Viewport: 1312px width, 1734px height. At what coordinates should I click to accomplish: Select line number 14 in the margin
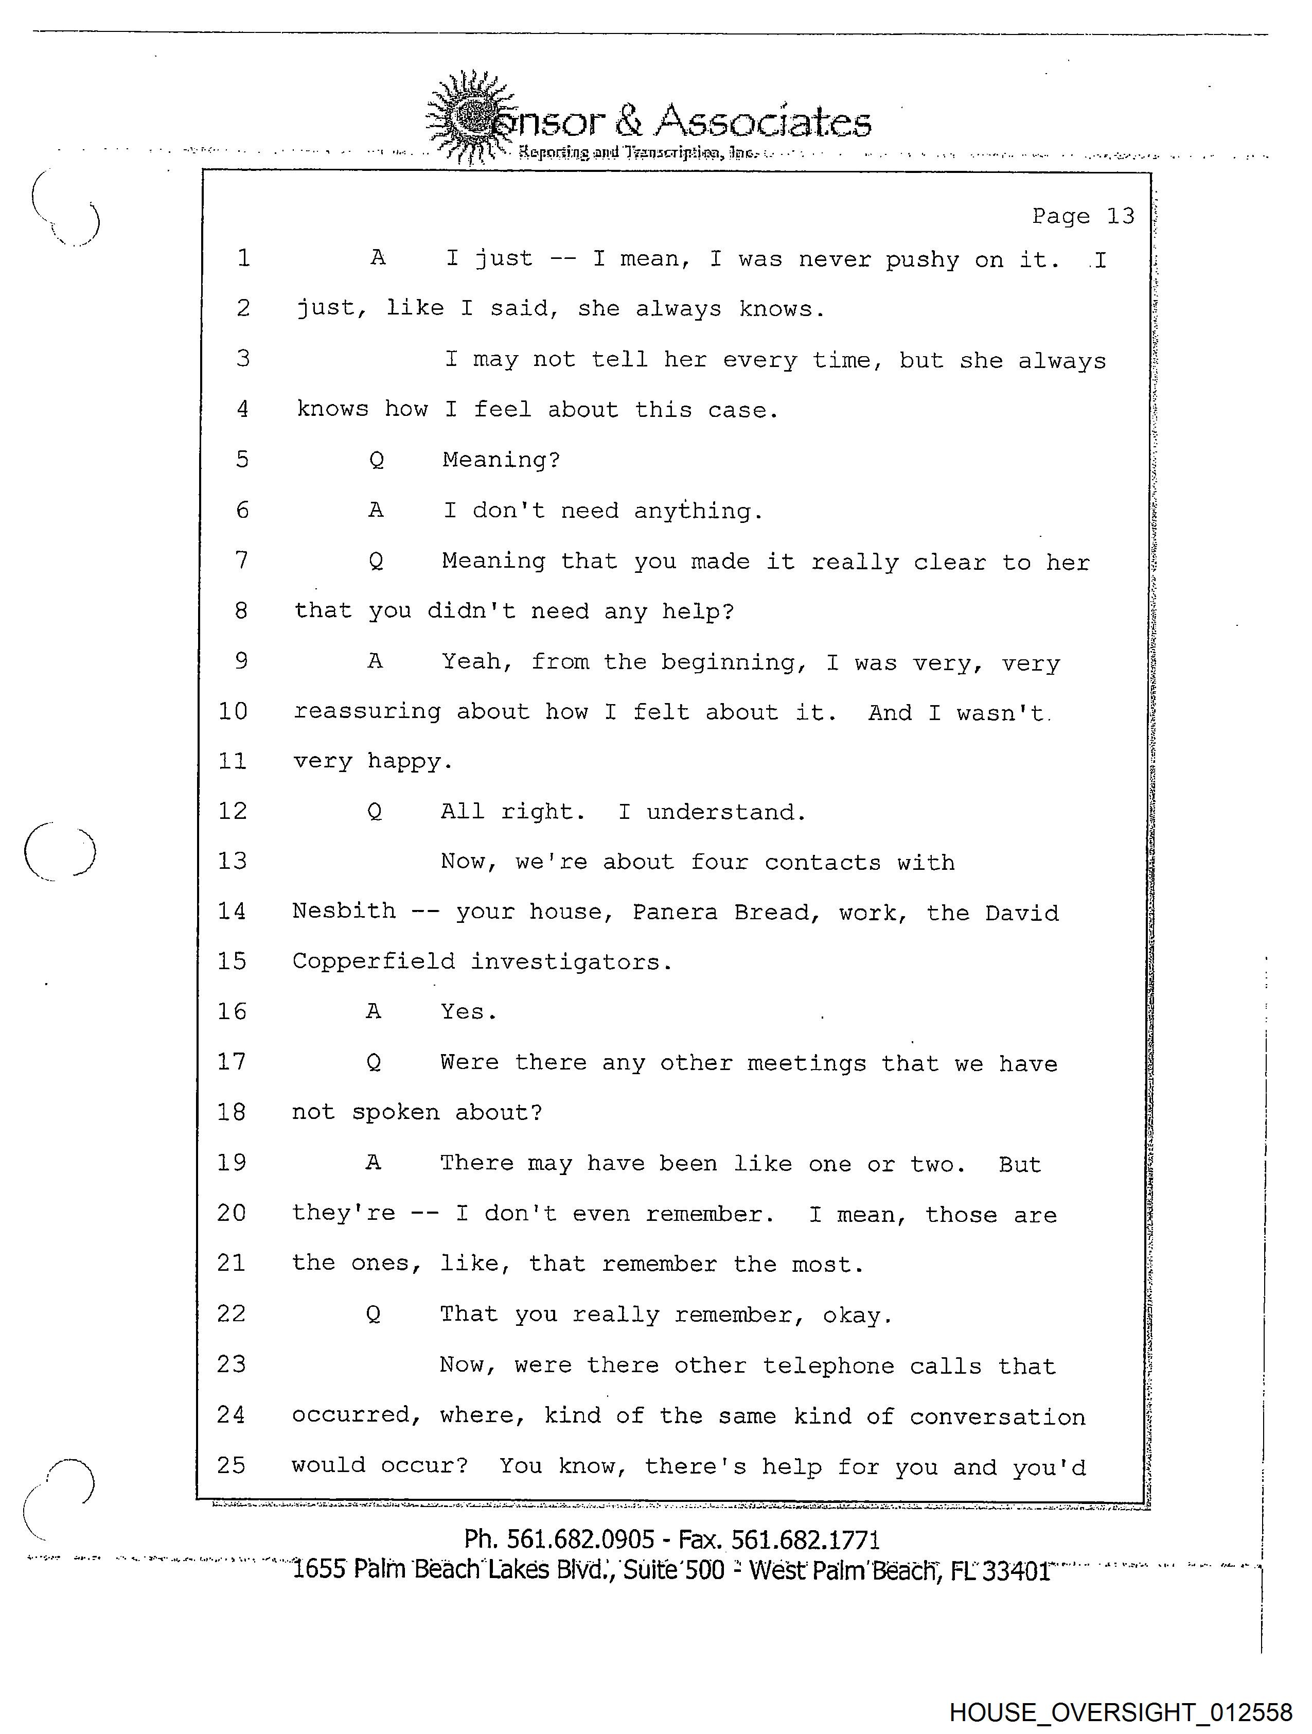coord(232,911)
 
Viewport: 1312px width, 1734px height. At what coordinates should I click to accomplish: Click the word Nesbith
coord(344,911)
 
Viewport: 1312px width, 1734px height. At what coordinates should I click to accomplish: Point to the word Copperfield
coord(373,962)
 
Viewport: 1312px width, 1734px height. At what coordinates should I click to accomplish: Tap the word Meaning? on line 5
coord(502,460)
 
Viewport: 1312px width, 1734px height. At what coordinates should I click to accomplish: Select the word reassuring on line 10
coord(367,712)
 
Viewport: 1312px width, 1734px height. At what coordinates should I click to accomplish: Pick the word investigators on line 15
coord(571,962)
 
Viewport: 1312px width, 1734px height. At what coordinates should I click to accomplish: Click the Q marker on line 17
coord(374,1062)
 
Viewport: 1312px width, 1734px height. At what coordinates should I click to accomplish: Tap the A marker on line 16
coord(374,1011)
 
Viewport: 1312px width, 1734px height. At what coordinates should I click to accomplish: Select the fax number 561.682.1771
coord(805,1539)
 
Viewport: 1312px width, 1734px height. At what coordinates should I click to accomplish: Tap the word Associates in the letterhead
coord(763,121)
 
